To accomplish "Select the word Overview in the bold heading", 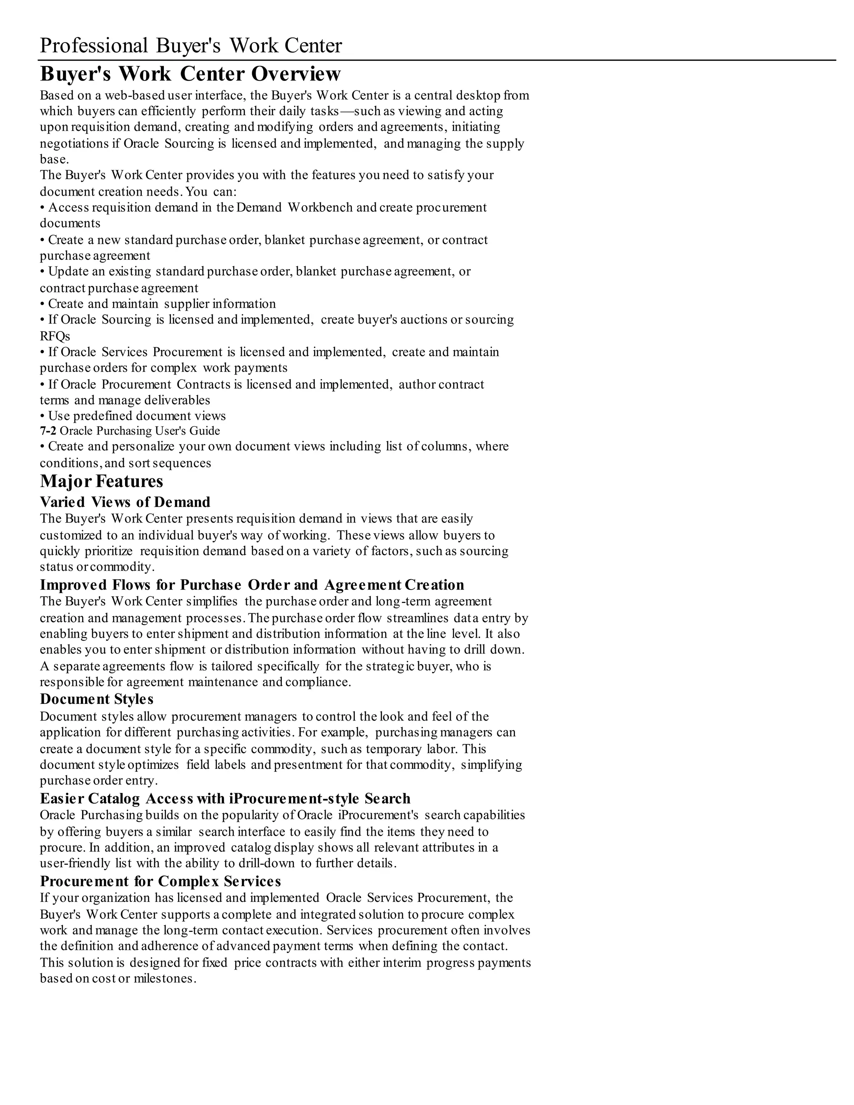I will tap(296, 74).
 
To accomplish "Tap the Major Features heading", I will tap(102, 481).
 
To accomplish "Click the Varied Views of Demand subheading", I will tap(125, 502).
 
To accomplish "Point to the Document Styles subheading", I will tap(97, 699).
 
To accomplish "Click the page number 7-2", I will tap(48, 431).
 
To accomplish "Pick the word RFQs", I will tap(55, 336).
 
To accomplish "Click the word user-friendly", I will tap(75, 863).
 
